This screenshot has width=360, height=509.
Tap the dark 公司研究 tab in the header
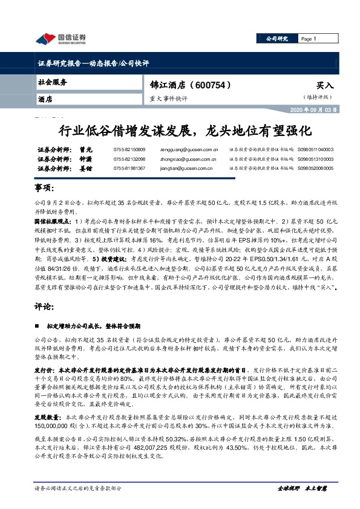[x=277, y=39]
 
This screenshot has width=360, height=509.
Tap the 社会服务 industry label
[x=53, y=82]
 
